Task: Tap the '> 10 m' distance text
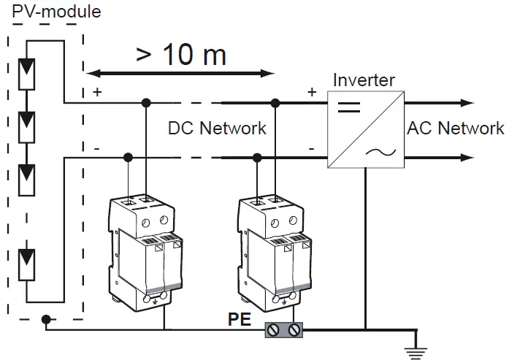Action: coord(180,54)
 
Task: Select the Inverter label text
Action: coord(363,80)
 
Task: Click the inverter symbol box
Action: coord(364,129)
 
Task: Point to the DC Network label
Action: coord(217,129)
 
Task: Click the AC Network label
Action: coord(455,129)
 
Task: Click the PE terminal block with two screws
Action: coord(284,330)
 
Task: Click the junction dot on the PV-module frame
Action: coord(46,319)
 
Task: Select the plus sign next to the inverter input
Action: coord(313,92)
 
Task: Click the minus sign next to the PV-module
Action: coord(96,148)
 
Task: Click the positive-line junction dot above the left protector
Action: coord(147,103)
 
